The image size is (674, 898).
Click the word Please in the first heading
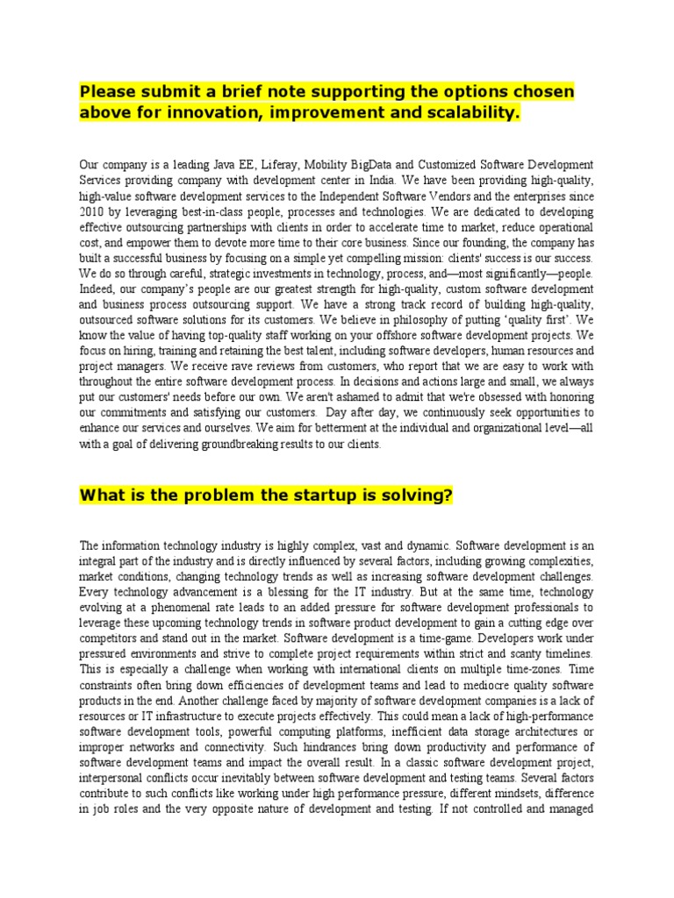click(x=106, y=92)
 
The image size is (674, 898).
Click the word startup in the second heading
click(x=308, y=495)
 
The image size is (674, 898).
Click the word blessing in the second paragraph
click(x=252, y=591)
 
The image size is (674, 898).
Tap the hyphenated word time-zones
click(x=530, y=668)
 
